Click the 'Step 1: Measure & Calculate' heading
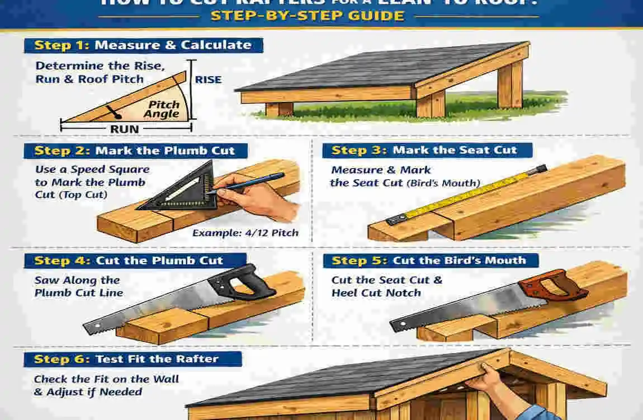[143, 45]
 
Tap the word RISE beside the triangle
[208, 80]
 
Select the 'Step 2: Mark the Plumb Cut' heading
[134, 151]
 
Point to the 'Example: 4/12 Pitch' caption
[245, 232]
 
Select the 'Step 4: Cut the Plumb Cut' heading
[129, 260]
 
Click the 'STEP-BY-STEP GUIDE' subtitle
[307, 15]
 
